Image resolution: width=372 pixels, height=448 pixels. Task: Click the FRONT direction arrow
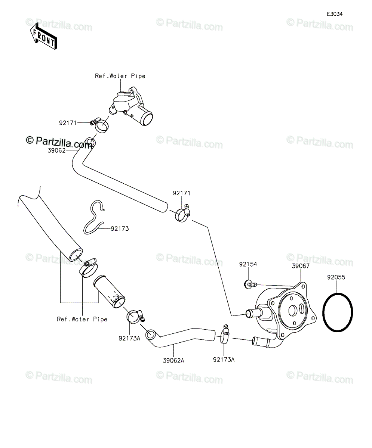(44, 36)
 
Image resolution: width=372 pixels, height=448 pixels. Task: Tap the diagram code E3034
(335, 14)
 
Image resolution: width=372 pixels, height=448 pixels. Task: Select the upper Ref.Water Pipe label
(120, 76)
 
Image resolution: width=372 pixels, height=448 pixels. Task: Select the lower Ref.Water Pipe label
(82, 319)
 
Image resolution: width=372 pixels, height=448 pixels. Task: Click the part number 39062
(56, 150)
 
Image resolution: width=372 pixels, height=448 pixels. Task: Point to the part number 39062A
(173, 361)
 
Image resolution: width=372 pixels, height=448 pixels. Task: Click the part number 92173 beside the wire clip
(120, 229)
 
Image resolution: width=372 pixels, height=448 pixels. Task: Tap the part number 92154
(248, 264)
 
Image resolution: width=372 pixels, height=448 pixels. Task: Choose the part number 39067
(301, 266)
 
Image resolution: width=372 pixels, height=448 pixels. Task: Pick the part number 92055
(336, 277)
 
